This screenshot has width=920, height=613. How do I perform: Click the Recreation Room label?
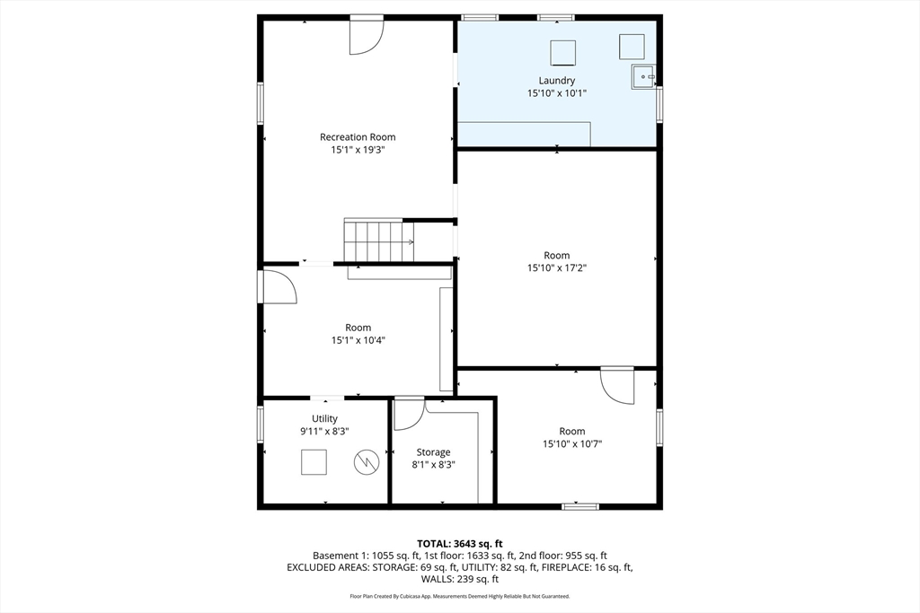click(358, 137)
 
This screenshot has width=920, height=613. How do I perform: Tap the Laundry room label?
click(557, 81)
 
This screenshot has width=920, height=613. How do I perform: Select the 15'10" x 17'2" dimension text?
click(557, 267)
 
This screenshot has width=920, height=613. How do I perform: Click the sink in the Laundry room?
click(643, 77)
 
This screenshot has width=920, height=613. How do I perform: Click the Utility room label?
click(324, 419)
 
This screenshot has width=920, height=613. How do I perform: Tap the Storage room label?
click(433, 452)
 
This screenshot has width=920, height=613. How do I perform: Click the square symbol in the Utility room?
click(313, 462)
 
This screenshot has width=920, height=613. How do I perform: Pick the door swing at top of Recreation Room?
click(366, 36)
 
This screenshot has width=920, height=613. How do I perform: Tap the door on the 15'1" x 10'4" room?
click(279, 287)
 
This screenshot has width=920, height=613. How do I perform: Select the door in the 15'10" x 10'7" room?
click(618, 384)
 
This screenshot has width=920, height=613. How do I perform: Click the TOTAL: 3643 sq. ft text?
click(459, 543)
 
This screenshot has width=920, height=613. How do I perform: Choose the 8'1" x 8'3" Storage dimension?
click(433, 465)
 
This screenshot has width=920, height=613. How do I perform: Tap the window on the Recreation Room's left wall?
click(261, 102)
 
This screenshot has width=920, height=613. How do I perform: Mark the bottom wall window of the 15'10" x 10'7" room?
click(579, 507)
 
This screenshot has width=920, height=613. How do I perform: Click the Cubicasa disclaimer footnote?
click(459, 596)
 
